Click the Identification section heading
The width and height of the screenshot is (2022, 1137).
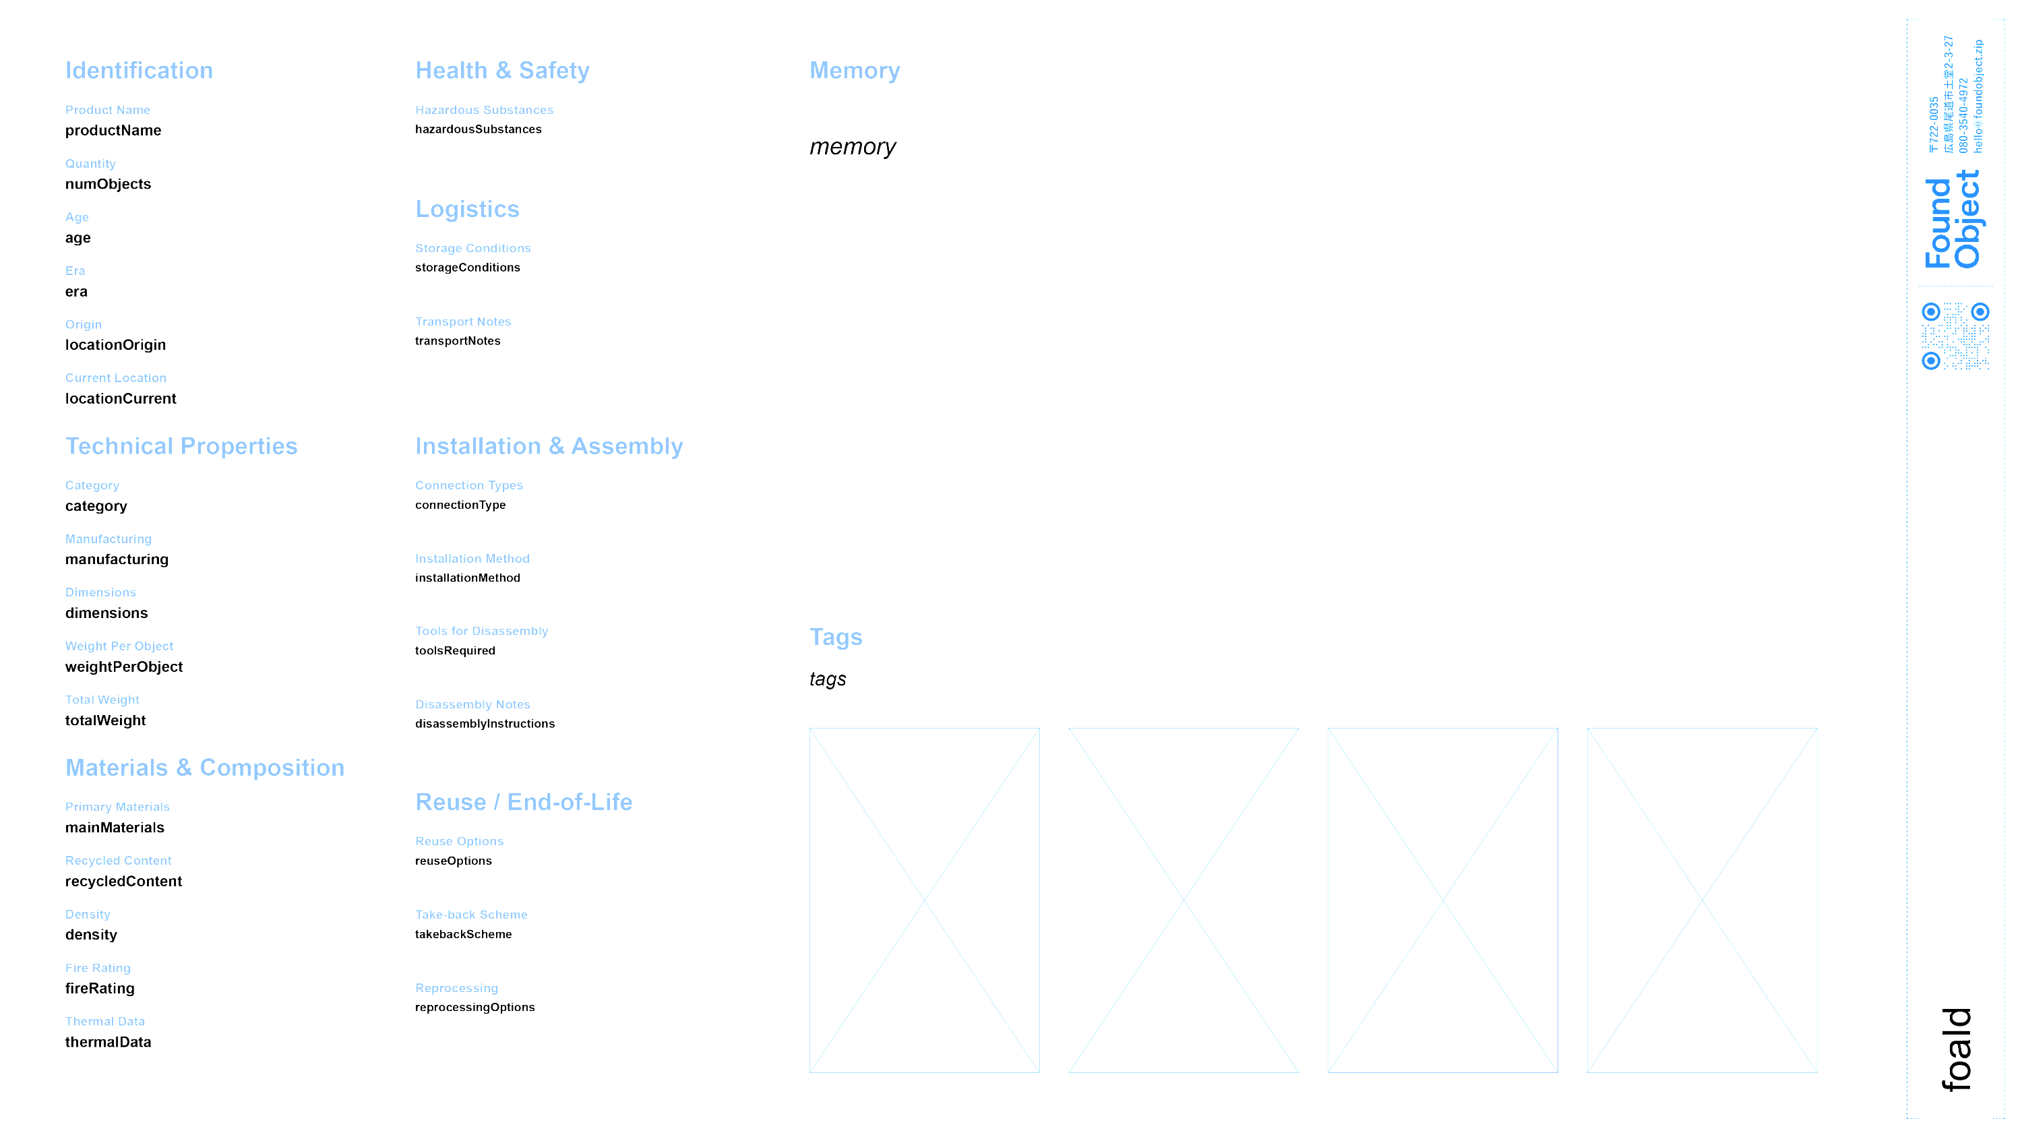(139, 71)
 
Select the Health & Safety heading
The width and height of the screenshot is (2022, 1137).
(502, 71)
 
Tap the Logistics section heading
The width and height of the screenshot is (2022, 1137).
(467, 210)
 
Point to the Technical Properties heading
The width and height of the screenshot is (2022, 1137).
(181, 446)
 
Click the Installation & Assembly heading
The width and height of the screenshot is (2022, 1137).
(549, 446)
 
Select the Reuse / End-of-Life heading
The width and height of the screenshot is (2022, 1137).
(524, 802)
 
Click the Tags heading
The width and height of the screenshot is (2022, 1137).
(836, 636)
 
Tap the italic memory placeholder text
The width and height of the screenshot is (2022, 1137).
(853, 147)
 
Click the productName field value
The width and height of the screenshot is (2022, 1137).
(113, 130)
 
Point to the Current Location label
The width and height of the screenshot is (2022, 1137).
(115, 377)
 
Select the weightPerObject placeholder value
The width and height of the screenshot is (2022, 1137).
(124, 666)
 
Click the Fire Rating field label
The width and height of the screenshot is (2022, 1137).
(97, 968)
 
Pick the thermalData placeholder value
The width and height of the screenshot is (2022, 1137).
(108, 1042)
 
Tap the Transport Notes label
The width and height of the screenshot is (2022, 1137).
(463, 321)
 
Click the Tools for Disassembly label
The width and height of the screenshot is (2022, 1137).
(482, 631)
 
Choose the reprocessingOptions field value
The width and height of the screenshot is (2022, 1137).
(475, 1007)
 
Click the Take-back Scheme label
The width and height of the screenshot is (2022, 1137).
(471, 914)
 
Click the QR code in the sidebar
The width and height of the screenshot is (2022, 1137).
(1955, 336)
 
